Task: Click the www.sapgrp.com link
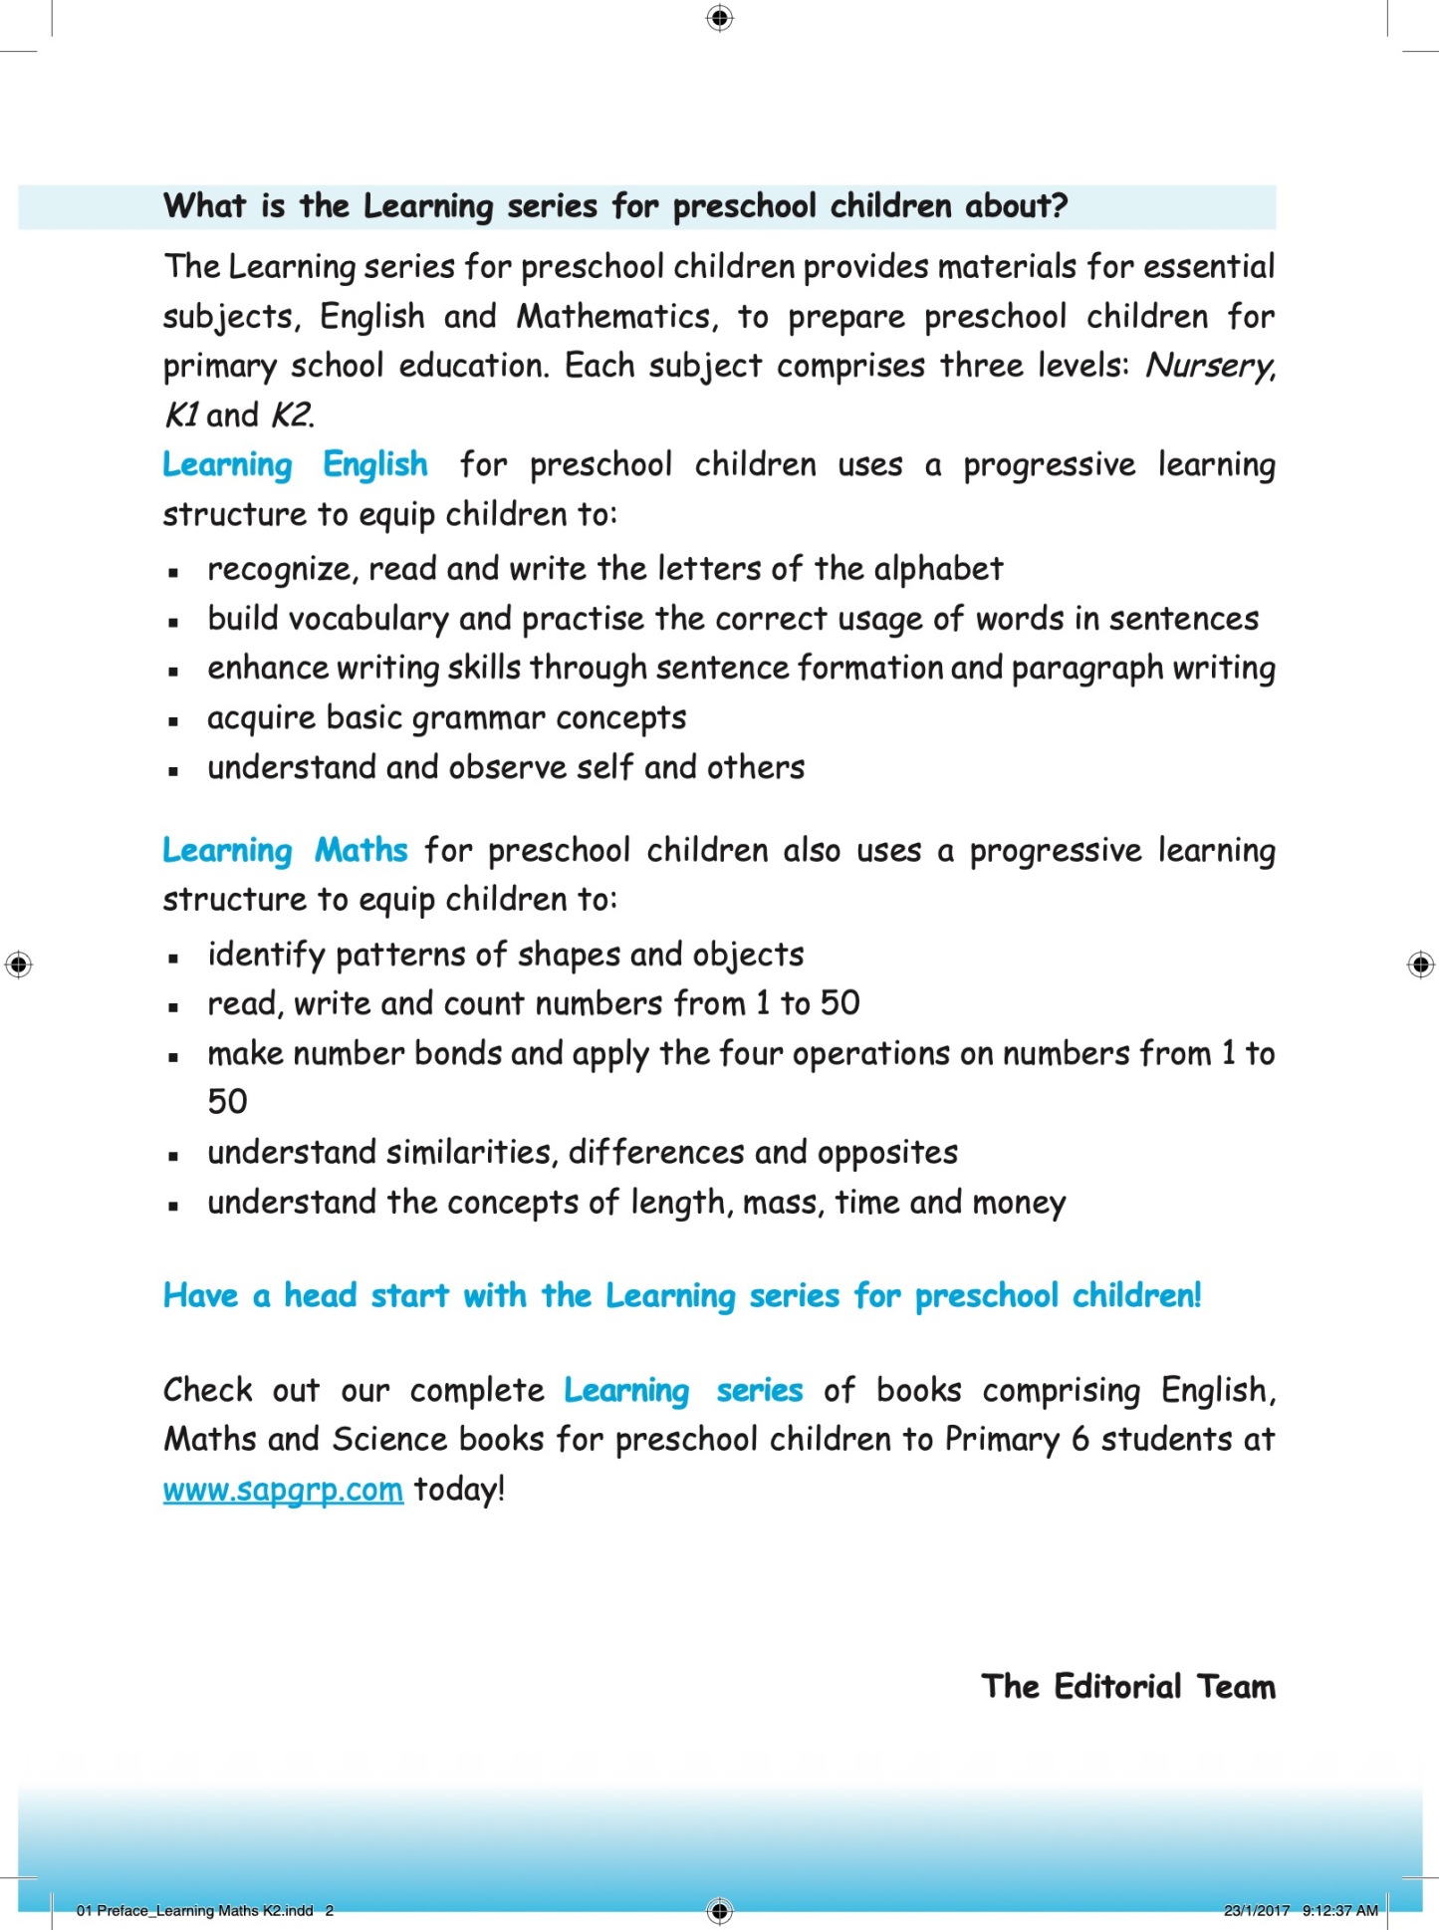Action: click(283, 1490)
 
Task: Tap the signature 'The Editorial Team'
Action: click(1127, 1686)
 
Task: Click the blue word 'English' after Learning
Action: click(375, 465)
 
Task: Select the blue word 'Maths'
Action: click(360, 851)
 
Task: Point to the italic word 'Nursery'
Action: click(1209, 367)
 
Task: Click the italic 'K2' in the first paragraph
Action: click(292, 415)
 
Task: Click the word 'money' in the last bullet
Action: click(1019, 1203)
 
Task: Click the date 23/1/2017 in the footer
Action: click(1256, 1910)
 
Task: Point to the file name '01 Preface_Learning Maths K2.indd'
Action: click(195, 1910)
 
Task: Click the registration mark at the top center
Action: click(719, 18)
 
